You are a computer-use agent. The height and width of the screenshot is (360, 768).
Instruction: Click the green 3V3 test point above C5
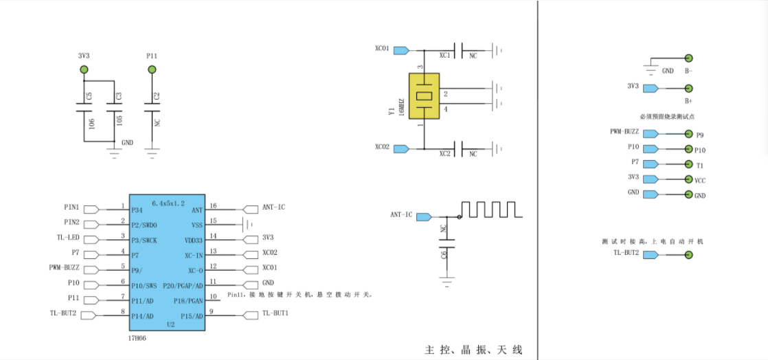[84, 69]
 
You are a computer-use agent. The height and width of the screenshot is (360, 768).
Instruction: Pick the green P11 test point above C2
[152, 69]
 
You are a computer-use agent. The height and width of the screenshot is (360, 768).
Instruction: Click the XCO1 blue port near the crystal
[401, 50]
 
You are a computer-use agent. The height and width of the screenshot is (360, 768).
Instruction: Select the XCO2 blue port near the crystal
[401, 148]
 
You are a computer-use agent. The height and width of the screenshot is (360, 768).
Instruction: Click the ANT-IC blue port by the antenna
[424, 216]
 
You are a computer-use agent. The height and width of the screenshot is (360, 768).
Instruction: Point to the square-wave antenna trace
[490, 210]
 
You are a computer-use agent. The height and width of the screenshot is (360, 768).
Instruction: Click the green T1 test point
[688, 164]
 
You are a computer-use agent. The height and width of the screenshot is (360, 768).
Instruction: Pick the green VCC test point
[688, 179]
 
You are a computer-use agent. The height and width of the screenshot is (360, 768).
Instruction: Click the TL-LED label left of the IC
[68, 238]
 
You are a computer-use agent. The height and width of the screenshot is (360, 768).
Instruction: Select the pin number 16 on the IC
[214, 205]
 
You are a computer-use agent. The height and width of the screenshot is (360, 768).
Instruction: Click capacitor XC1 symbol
[462, 50]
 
